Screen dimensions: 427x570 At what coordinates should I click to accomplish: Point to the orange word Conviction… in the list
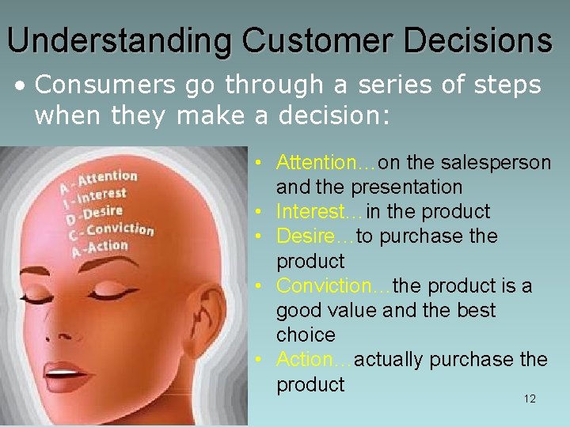tap(333, 285)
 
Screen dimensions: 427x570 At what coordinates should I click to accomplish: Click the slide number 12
tap(530, 399)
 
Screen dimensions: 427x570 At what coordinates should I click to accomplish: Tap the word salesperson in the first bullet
tap(500, 163)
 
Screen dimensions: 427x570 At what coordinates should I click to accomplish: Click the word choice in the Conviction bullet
tap(306, 335)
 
